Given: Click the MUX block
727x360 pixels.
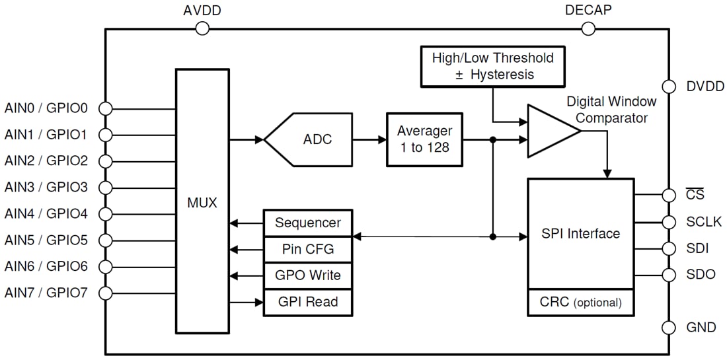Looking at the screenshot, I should (x=202, y=201).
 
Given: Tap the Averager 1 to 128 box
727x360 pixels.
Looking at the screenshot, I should (x=424, y=139).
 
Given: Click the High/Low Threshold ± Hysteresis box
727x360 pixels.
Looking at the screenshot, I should (x=492, y=67).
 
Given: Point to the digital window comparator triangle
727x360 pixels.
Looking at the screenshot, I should (x=550, y=131).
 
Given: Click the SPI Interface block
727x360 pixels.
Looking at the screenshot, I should (x=580, y=234).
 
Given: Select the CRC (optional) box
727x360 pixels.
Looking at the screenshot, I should (x=580, y=303).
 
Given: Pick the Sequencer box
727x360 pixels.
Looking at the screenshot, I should (x=307, y=223).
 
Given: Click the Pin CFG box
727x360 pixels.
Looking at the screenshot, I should (x=307, y=249).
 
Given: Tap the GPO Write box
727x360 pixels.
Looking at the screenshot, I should (x=307, y=275).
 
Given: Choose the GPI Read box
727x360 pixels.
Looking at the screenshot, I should (x=307, y=302).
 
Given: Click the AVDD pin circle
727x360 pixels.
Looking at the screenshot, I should (x=202, y=28).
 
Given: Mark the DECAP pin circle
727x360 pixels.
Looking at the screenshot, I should (x=588, y=28).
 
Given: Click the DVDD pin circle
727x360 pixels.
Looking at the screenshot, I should (x=669, y=87).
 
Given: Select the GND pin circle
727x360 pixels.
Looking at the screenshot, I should (x=669, y=328).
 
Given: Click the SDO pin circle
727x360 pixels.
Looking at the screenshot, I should (x=669, y=274).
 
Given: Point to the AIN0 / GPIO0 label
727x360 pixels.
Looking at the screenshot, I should (x=46, y=108).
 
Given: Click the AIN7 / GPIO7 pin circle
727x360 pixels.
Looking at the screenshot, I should (x=105, y=293).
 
